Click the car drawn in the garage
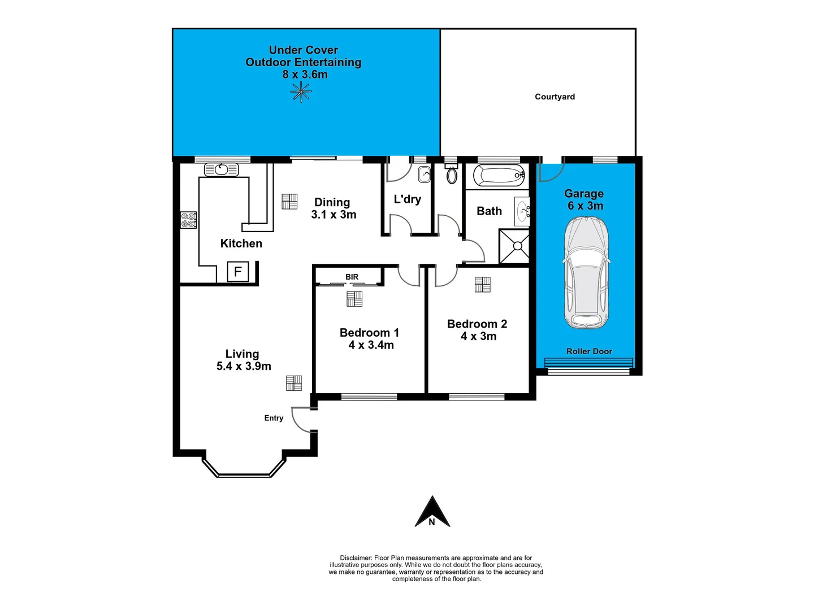[586, 273]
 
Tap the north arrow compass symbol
[432, 513]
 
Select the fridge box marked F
[237, 272]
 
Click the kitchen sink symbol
[221, 169]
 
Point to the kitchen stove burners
[188, 220]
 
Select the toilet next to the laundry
[452, 175]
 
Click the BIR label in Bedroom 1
[352, 277]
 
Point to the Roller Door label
[589, 351]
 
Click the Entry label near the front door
[274, 418]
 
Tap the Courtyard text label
[555, 97]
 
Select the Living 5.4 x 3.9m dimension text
[244, 366]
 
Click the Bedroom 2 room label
[477, 324]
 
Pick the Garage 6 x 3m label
[584, 200]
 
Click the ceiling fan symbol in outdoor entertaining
[301, 91]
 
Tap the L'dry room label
[407, 199]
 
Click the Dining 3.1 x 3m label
[333, 208]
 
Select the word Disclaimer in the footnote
[356, 557]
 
